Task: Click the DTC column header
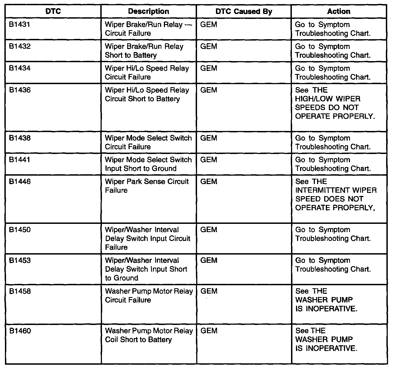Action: point(53,12)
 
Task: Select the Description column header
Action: point(149,12)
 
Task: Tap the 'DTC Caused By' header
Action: point(244,12)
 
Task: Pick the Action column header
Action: point(339,12)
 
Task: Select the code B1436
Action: point(20,90)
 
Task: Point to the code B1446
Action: point(20,182)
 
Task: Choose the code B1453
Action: point(20,261)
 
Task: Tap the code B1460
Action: point(20,331)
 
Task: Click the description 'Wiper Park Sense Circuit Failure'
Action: point(147,186)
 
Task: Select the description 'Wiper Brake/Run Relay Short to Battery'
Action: point(144,51)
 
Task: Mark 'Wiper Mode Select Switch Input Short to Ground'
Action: point(148,164)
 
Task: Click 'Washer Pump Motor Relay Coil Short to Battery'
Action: point(149,335)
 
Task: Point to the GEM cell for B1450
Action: point(209,230)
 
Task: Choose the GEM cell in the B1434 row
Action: point(209,69)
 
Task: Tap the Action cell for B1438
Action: point(333,142)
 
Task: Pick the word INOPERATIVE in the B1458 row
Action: point(331,309)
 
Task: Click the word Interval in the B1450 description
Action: point(166,230)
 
